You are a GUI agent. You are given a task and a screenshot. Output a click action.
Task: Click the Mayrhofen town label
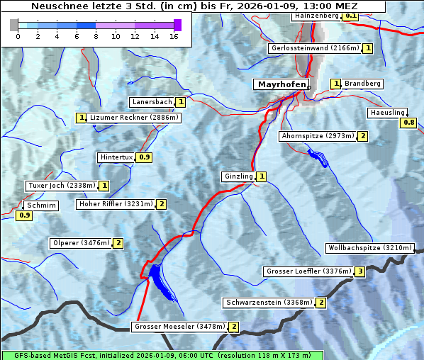281,84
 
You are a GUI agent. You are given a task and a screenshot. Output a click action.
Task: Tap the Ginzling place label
238,176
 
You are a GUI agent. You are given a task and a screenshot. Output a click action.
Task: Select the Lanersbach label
152,102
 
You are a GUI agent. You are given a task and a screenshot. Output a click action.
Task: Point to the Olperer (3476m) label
81,243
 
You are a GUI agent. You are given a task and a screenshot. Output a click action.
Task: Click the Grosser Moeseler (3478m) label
179,327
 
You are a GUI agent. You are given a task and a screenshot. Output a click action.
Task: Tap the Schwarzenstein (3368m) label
268,303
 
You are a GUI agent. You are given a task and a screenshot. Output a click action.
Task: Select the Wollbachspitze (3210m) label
369,248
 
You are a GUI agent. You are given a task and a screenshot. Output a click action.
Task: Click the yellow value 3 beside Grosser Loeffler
360,271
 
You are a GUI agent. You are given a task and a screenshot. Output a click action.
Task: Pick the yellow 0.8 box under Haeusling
408,123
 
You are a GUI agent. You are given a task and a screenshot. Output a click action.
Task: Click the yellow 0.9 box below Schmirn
24,215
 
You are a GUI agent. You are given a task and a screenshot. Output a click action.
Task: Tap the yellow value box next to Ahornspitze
363,136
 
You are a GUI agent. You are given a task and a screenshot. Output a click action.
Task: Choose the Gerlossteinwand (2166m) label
314,48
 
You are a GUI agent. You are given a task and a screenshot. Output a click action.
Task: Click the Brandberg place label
362,84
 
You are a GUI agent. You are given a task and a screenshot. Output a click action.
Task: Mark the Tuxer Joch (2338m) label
61,186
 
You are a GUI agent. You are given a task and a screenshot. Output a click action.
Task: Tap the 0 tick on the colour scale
18,35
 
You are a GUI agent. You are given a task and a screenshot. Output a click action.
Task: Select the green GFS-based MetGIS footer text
162,355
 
